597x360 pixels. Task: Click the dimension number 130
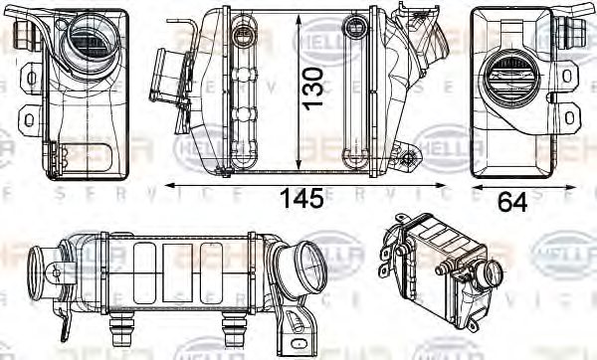tap(313, 89)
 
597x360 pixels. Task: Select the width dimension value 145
tap(300, 199)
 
